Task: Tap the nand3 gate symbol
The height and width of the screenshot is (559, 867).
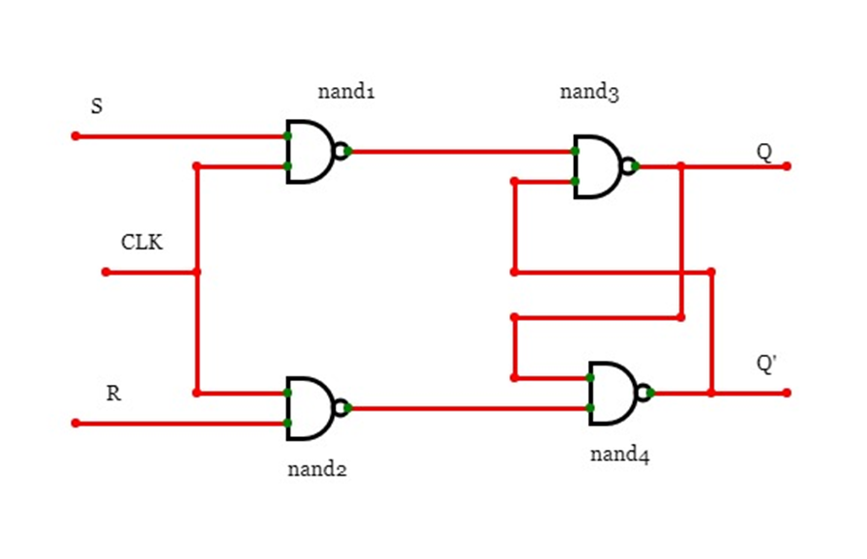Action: pos(598,166)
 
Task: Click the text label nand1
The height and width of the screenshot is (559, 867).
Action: pos(345,93)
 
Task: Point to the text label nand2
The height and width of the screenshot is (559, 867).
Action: pos(317,470)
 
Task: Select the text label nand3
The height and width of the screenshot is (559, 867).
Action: pos(589,93)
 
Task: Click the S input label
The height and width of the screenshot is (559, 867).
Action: pos(96,106)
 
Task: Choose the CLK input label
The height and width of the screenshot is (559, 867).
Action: pos(141,242)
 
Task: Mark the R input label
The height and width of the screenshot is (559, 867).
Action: pos(113,395)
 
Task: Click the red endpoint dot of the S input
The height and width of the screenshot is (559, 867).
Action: pos(75,136)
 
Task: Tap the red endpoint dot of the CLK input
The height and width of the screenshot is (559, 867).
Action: pos(105,272)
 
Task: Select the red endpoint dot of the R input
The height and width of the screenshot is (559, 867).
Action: pos(75,423)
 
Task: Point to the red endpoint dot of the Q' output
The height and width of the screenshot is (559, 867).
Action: pos(787,393)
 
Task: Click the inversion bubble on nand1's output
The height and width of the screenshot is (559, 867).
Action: pos(340,151)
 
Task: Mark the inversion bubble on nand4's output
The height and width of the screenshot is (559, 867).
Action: pos(643,392)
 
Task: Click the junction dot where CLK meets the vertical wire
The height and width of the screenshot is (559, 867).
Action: pos(197,272)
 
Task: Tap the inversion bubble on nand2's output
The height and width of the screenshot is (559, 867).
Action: pos(340,407)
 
